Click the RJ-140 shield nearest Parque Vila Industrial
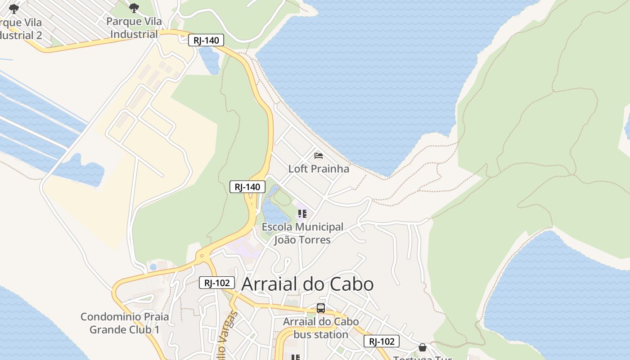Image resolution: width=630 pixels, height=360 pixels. point(206,40)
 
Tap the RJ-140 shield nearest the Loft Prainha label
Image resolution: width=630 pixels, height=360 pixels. point(247,187)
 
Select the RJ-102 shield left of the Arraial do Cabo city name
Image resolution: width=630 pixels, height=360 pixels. point(217,283)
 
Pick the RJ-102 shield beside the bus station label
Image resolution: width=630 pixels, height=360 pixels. point(381,342)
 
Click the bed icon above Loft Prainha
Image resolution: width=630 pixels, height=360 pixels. point(319,156)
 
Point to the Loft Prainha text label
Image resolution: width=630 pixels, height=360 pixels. point(319,169)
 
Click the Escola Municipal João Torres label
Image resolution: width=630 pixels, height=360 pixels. point(302,233)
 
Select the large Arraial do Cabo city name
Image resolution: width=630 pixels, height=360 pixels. point(307,284)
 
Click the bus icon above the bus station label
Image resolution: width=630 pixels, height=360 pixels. point(321,308)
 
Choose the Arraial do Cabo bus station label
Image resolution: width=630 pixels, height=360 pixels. point(321,328)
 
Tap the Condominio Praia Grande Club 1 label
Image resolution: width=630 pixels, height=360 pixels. point(125,323)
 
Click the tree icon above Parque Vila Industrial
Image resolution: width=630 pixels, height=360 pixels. point(134,8)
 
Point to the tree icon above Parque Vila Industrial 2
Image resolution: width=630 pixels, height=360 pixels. point(14,9)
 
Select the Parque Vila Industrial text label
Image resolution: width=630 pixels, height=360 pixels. point(134,28)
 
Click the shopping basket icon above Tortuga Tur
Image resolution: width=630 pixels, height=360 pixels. point(422,347)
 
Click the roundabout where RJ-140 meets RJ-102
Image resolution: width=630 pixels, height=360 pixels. point(201,256)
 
